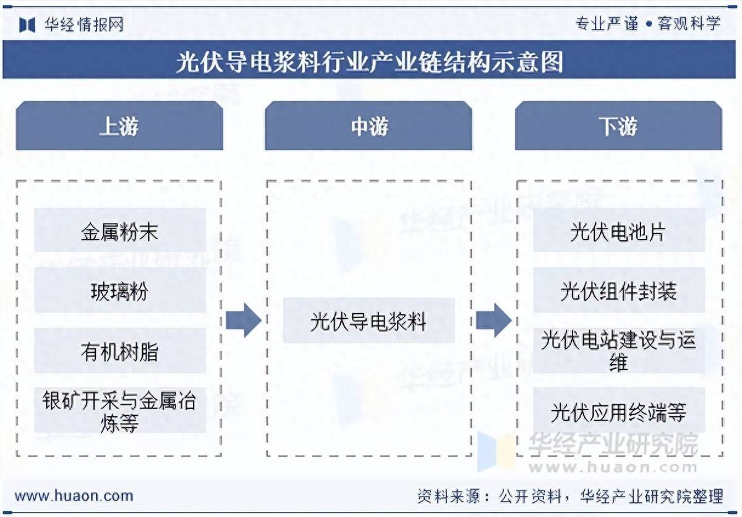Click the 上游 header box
pos(119,127)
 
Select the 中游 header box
pos(369,127)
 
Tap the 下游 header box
pos(618,127)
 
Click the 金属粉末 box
pos(119,232)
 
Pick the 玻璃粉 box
pos(119,291)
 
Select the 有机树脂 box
pos(119,351)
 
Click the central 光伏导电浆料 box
pos(369,321)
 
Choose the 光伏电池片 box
pos(618,232)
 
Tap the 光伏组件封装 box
pos(618,291)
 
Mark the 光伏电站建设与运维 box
pos(618,351)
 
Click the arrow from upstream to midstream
pos(243,321)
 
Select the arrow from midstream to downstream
pos(493,321)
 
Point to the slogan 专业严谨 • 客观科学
pos(647,24)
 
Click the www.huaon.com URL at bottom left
pos(74,495)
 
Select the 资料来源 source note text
pos(569,495)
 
